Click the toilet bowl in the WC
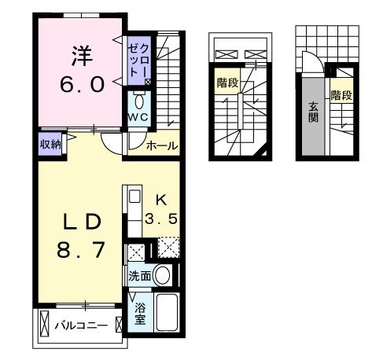[139, 101]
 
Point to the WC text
[139, 119]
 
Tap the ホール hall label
[161, 145]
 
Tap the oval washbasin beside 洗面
[163, 275]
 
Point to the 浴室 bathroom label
[139, 314]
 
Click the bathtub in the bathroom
[168, 313]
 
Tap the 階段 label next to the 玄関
[341, 95]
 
